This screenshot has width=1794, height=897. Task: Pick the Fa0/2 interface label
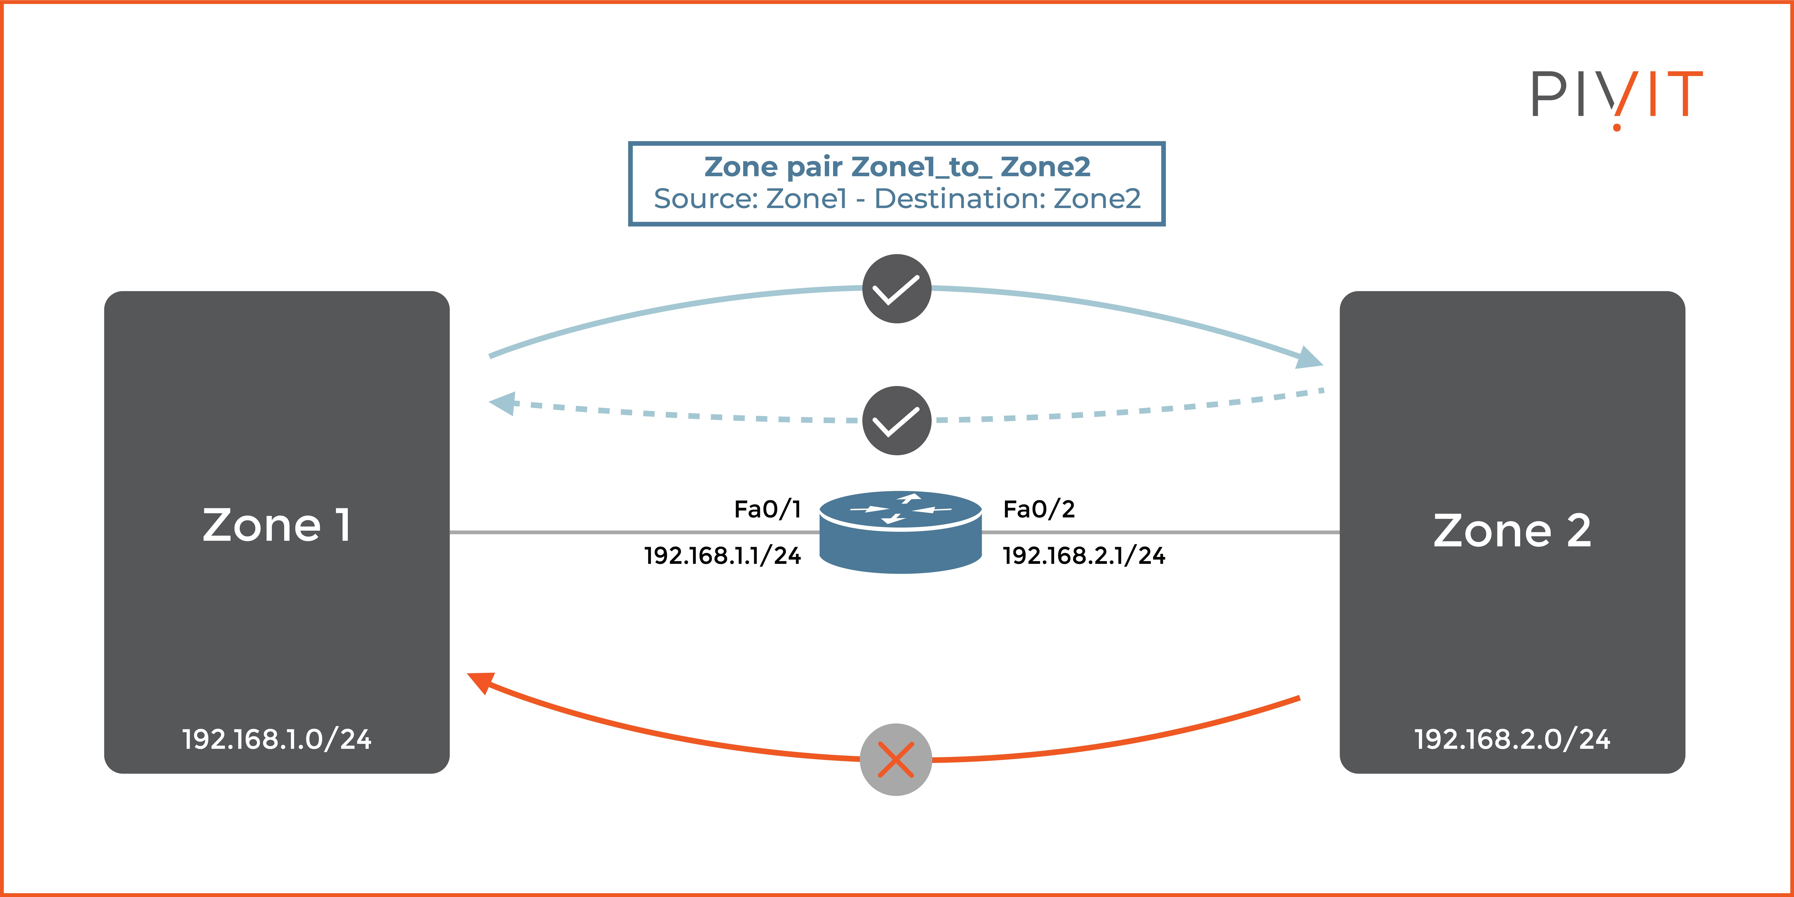(x=1038, y=509)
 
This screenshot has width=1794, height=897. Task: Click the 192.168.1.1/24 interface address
(x=722, y=556)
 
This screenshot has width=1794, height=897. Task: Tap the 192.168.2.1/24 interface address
(x=1084, y=556)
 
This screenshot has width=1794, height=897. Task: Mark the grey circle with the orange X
(x=896, y=759)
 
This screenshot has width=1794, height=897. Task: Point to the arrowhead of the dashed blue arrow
(x=503, y=402)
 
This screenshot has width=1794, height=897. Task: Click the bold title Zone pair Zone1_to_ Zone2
(x=897, y=167)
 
